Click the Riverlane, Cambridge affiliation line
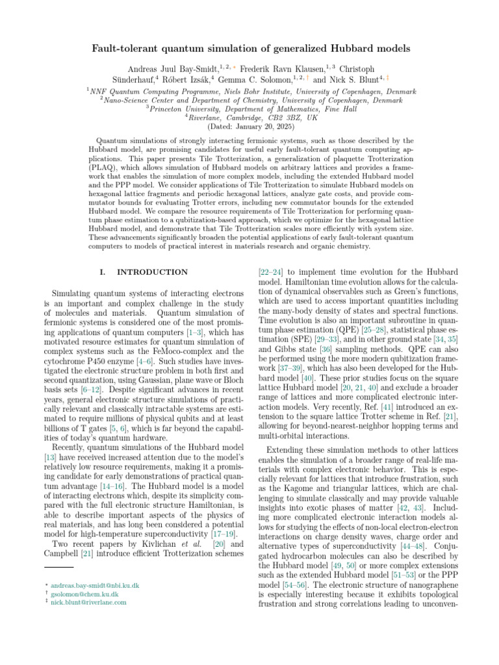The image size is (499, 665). [249, 118]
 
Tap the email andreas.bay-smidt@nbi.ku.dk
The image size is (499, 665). [94, 586]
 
